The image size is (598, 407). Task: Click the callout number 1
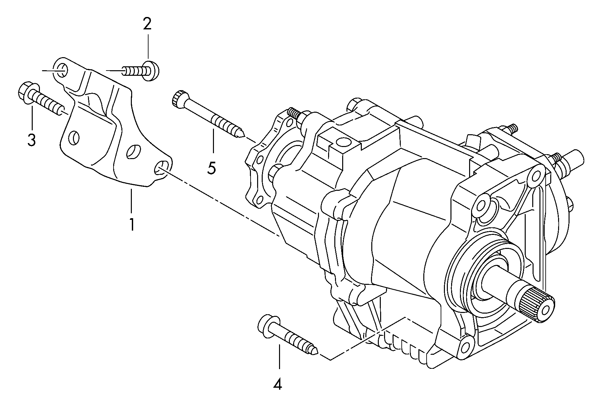[131, 224]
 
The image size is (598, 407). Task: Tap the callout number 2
[147, 24]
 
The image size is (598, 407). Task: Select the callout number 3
[31, 139]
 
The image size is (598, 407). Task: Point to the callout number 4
[278, 384]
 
